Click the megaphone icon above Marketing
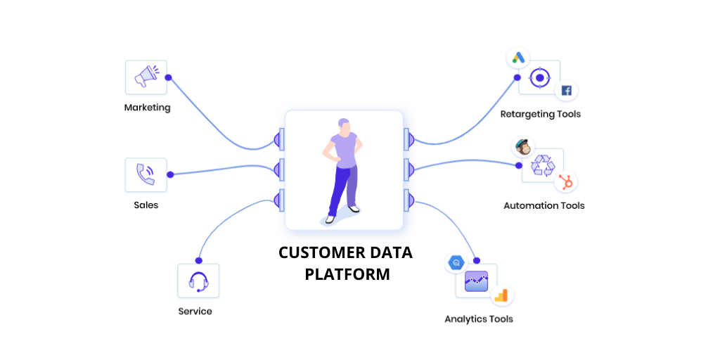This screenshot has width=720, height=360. (146, 77)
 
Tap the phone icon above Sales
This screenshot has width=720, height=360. (146, 174)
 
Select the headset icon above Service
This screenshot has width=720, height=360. (198, 281)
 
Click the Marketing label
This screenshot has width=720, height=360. (147, 108)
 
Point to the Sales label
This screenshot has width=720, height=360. (146, 205)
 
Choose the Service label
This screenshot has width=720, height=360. (195, 311)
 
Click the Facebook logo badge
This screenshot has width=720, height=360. (566, 91)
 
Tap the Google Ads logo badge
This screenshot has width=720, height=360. (519, 58)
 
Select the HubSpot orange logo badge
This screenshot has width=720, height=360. (566, 182)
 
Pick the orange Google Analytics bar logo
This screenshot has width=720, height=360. (501, 296)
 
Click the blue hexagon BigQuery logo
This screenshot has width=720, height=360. (456, 263)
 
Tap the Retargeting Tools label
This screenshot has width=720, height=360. (540, 114)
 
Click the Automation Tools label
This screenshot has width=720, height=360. (544, 206)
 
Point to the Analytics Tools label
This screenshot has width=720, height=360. (478, 319)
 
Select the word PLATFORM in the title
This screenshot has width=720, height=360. (347, 274)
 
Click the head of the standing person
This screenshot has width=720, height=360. (342, 126)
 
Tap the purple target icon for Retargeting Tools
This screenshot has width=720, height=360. (539, 77)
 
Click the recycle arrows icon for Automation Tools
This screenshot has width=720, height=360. (543, 166)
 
